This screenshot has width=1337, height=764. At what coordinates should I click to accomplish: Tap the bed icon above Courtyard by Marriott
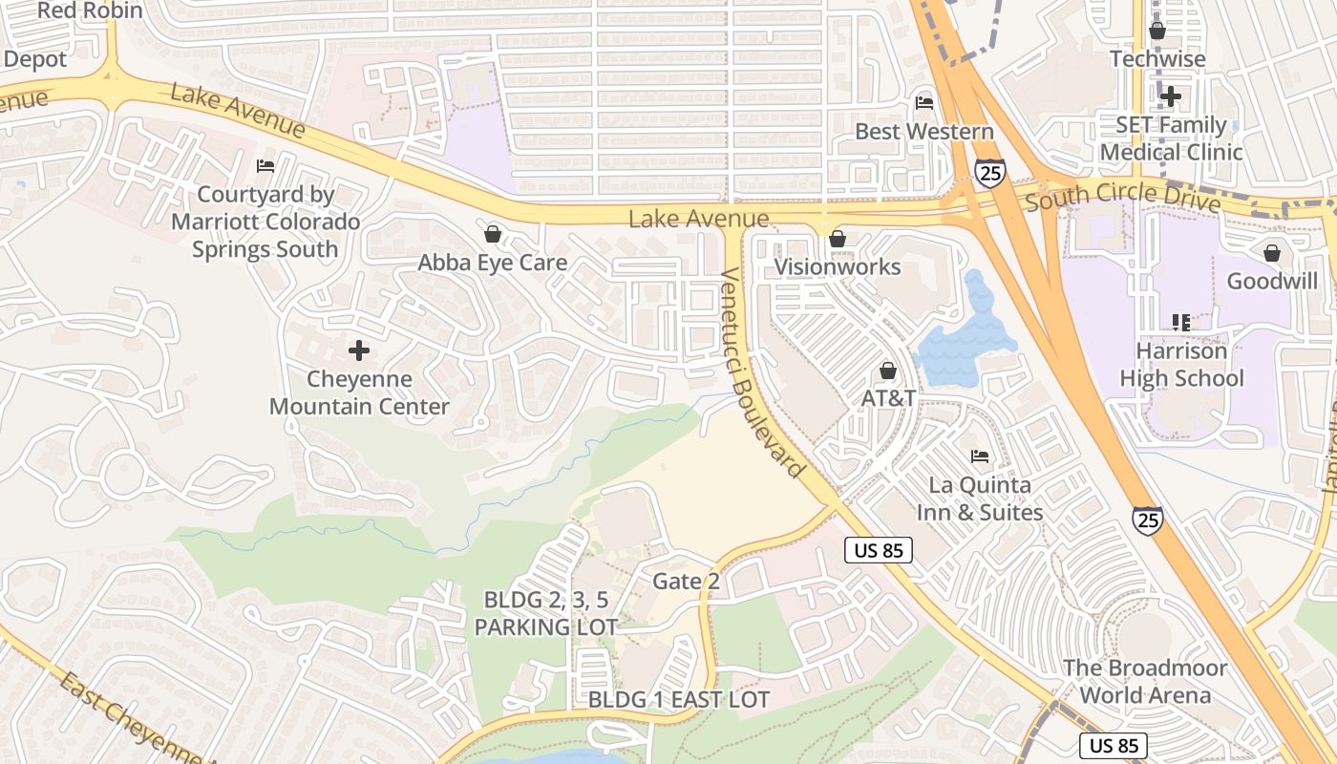pyautogui.click(x=265, y=166)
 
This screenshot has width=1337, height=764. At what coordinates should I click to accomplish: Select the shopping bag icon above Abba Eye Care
pyautogui.click(x=493, y=233)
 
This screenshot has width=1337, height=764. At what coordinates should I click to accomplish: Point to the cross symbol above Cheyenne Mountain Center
pyautogui.click(x=359, y=350)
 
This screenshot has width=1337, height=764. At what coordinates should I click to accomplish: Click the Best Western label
pyautogui.click(x=923, y=131)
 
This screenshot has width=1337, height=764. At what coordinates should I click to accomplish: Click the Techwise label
pyautogui.click(x=1157, y=58)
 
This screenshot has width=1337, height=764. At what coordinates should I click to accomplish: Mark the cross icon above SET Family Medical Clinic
pyautogui.click(x=1171, y=95)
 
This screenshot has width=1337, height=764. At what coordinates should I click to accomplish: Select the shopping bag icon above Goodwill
pyautogui.click(x=1271, y=253)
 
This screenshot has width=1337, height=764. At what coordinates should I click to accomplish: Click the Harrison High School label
pyautogui.click(x=1181, y=365)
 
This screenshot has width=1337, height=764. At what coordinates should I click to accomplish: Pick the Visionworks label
pyautogui.click(x=837, y=266)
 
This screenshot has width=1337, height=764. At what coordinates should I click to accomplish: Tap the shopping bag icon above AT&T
pyautogui.click(x=888, y=370)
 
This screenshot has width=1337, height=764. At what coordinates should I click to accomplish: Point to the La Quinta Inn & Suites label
pyautogui.click(x=980, y=499)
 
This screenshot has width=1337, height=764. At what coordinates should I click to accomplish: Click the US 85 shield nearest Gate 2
pyautogui.click(x=879, y=550)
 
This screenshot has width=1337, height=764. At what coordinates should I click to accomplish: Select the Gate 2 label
pyautogui.click(x=686, y=581)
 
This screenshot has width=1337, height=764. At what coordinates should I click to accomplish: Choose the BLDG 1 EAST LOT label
pyautogui.click(x=678, y=699)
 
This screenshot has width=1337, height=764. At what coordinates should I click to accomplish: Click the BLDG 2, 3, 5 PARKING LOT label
pyautogui.click(x=545, y=613)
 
